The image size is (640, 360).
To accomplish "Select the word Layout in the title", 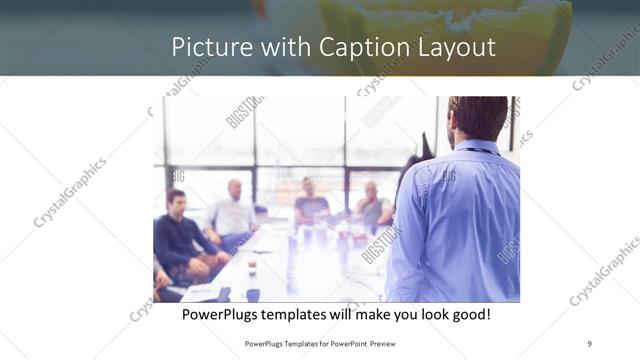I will pyautogui.click(x=456, y=47).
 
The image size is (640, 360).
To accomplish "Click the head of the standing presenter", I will pyautogui.click(x=477, y=117).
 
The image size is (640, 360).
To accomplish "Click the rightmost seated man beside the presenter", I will pyautogui.click(x=372, y=206).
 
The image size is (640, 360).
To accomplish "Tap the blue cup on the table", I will pyautogui.click(x=253, y=295).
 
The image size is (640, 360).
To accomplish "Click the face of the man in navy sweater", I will pyautogui.click(x=176, y=203).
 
